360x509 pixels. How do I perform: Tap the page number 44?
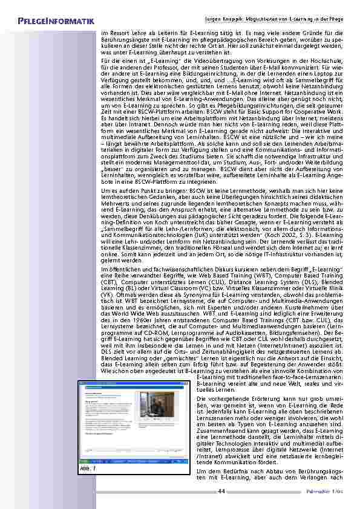[x=221, y=490]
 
